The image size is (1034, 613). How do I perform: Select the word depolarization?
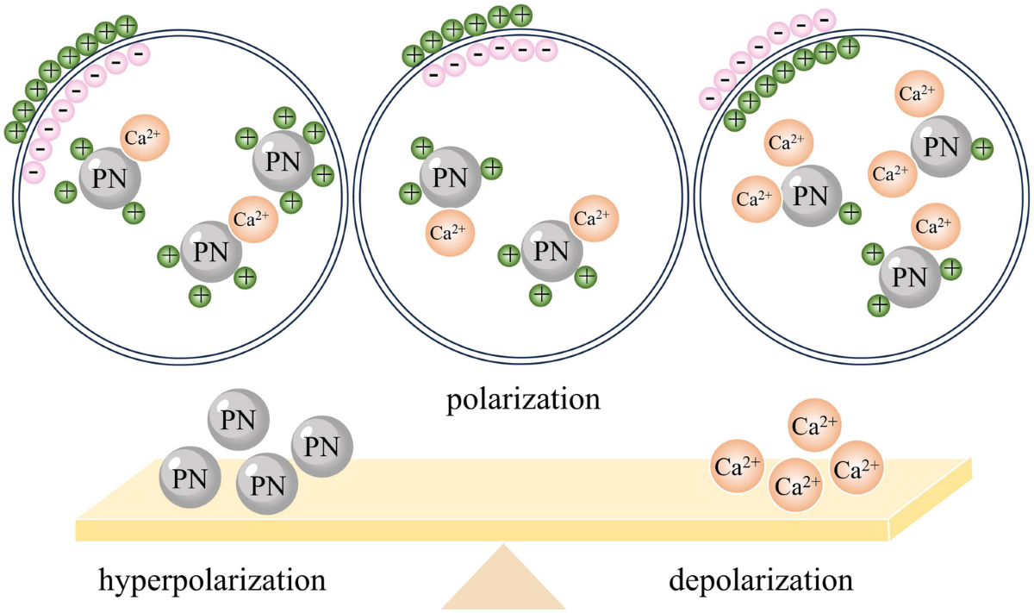click(x=761, y=579)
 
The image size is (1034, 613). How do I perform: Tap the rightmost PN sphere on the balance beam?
click(x=322, y=446)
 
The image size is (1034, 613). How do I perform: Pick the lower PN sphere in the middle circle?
click(x=551, y=251)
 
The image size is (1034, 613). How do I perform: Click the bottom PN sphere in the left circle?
click(x=211, y=252)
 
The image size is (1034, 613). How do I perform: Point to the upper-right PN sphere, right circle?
click(x=941, y=147)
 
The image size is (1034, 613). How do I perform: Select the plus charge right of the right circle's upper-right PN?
click(x=982, y=149)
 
